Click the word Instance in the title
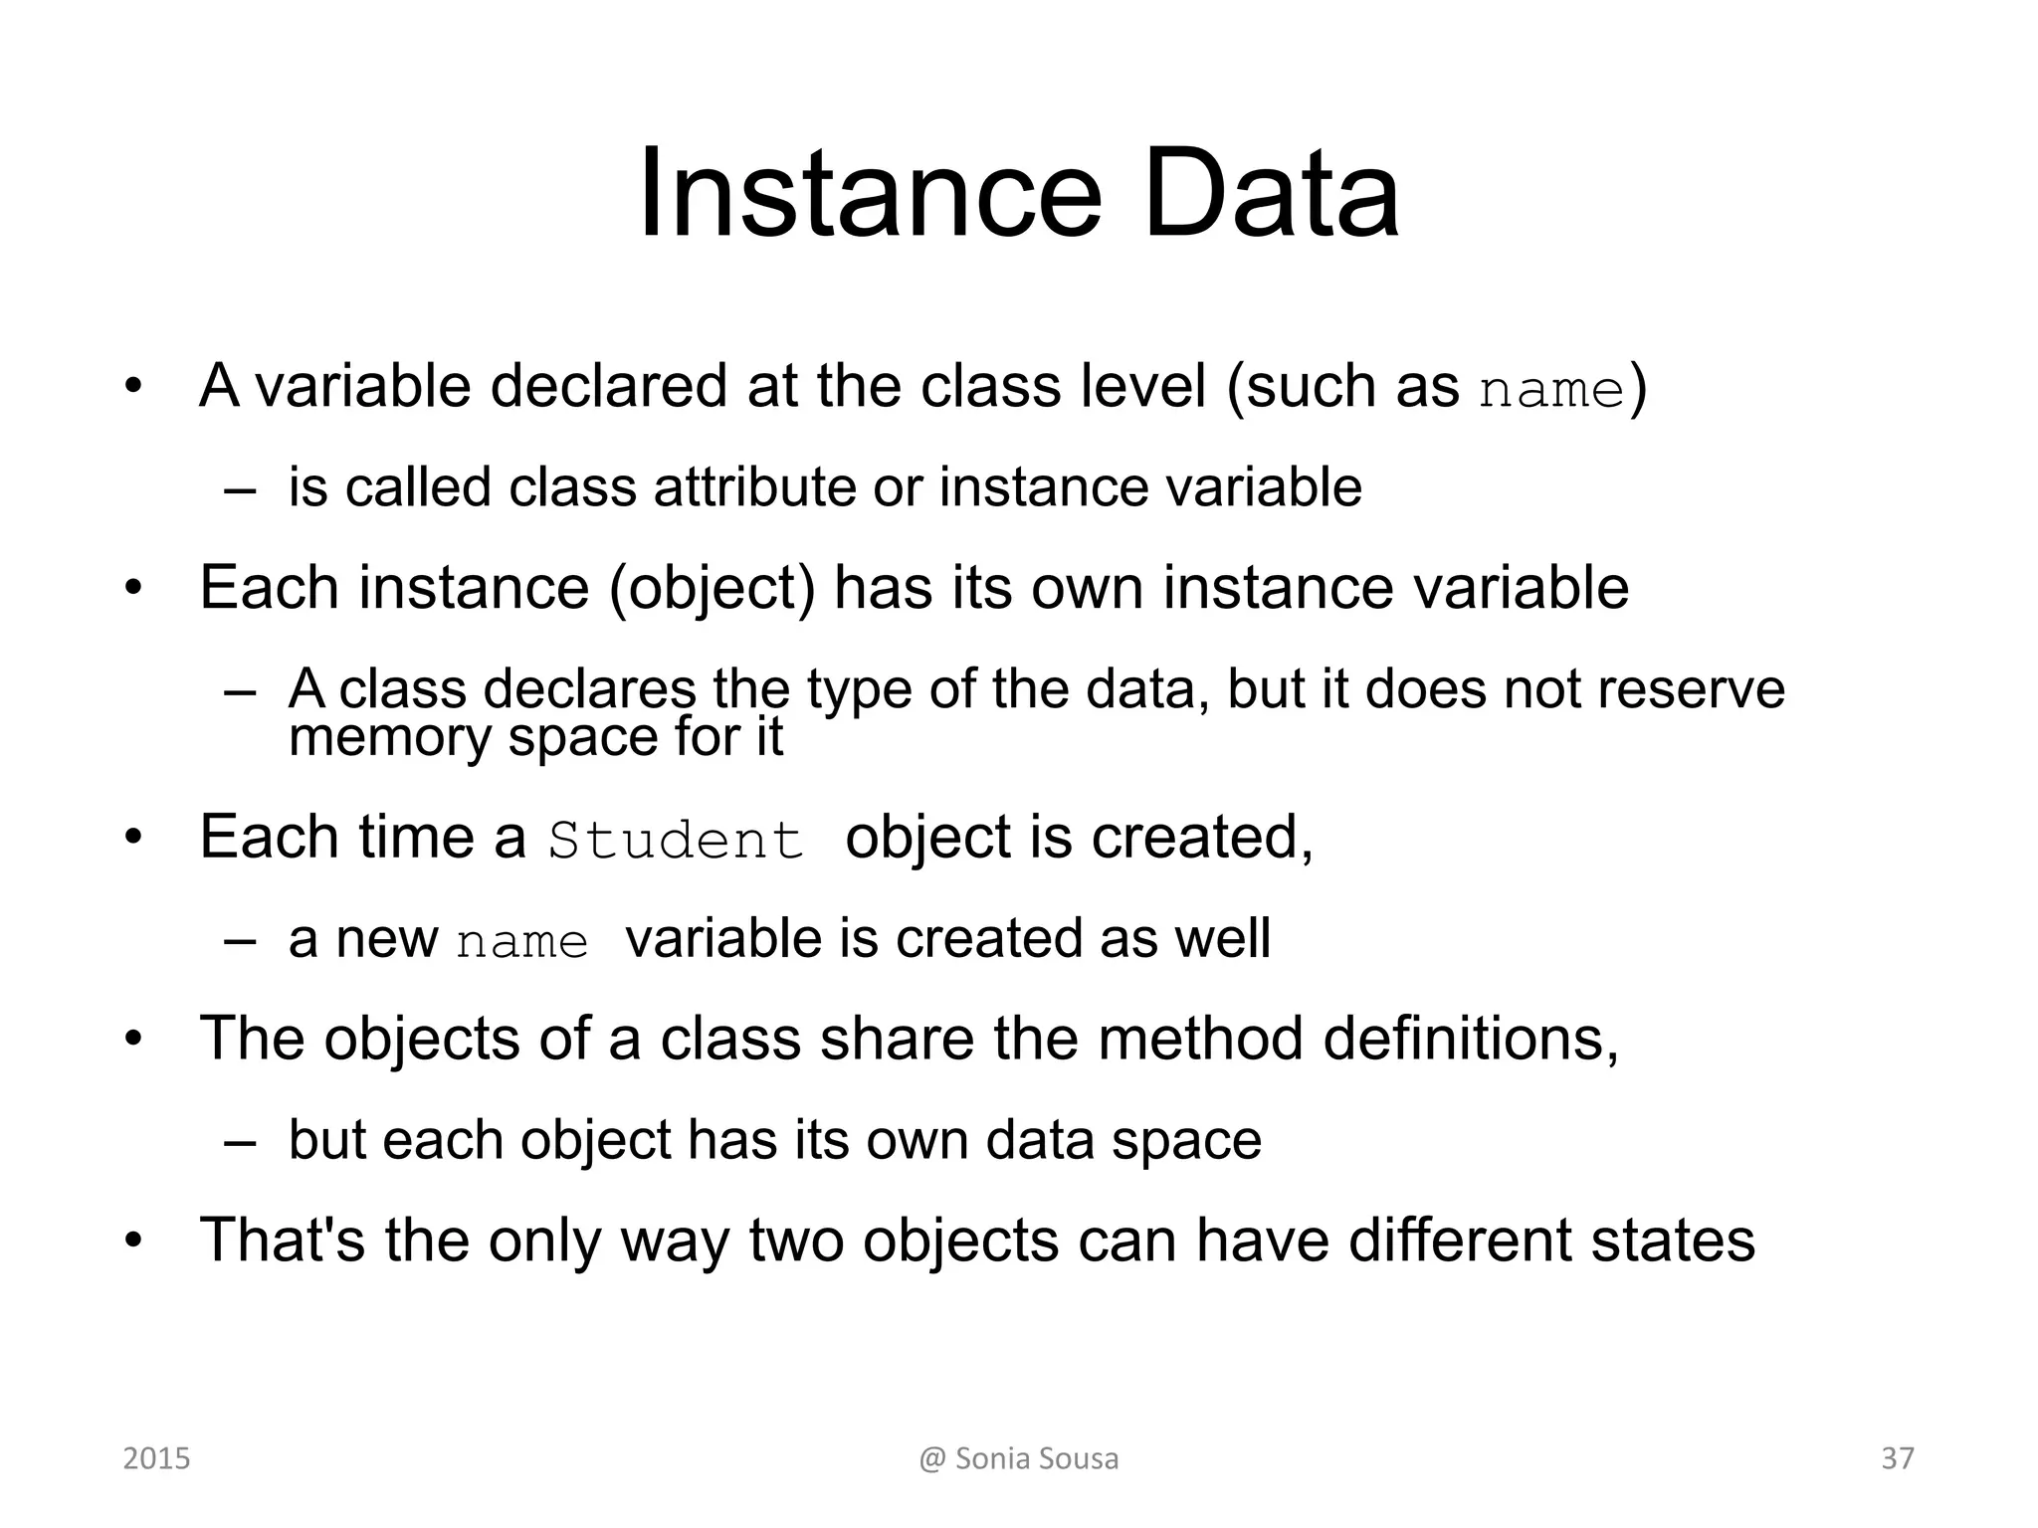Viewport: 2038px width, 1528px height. point(870,193)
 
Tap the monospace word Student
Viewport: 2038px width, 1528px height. point(676,840)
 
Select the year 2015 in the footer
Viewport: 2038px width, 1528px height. point(156,1458)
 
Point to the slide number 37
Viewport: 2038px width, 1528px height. point(1898,1458)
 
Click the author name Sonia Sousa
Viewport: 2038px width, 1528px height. point(1036,1458)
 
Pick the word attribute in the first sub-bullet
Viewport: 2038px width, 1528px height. point(753,487)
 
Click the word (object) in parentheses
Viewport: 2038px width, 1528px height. point(712,588)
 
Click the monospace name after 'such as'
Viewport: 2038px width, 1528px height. point(1551,390)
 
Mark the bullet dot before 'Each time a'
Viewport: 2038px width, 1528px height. point(133,838)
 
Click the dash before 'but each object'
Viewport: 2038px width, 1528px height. point(240,1142)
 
